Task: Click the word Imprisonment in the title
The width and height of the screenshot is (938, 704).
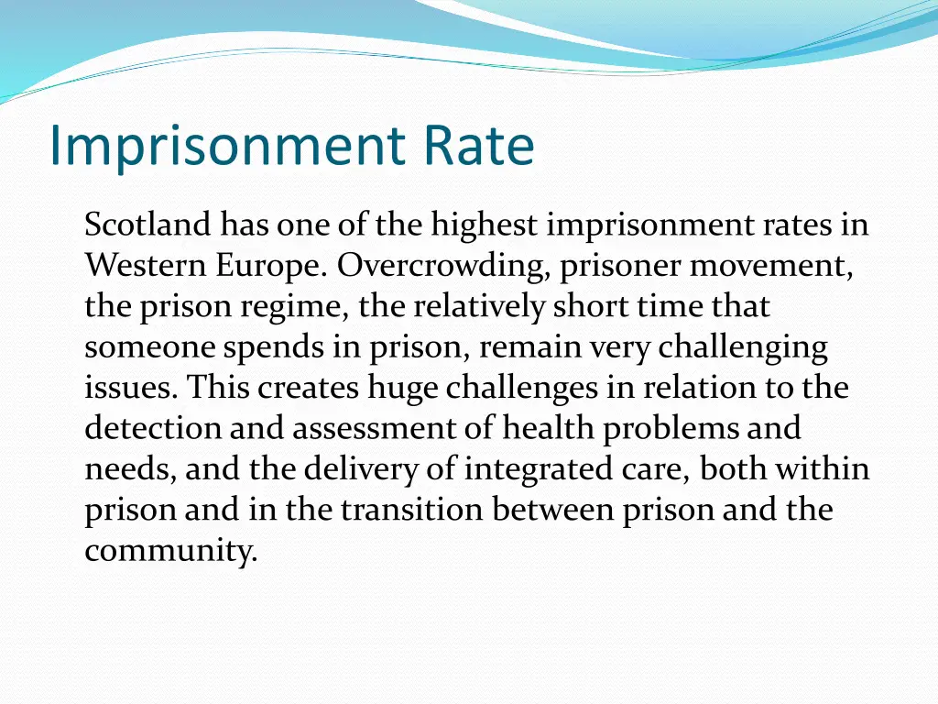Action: pos(226,146)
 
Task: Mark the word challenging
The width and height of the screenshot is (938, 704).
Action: pos(743,347)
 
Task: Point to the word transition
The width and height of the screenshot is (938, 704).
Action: pos(412,510)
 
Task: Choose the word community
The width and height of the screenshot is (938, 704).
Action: pos(171,551)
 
